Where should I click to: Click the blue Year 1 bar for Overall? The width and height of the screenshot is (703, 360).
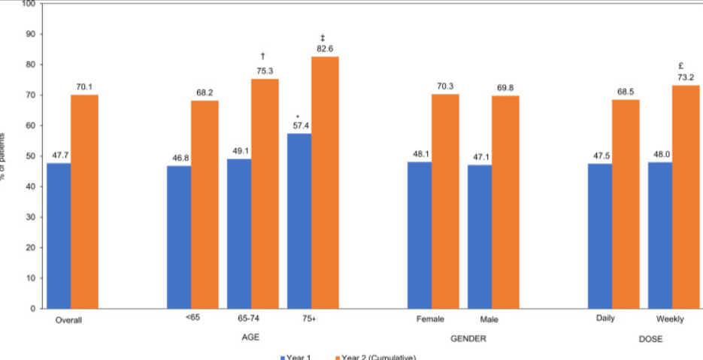pyautogui.click(x=59, y=235)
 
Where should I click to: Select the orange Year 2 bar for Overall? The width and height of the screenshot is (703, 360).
pyautogui.click(x=84, y=201)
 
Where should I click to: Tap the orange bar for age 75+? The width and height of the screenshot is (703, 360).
pyautogui.click(x=325, y=182)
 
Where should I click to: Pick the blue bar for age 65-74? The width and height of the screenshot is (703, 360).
pyautogui.click(x=239, y=233)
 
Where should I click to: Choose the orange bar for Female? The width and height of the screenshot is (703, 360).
pyautogui.click(x=445, y=201)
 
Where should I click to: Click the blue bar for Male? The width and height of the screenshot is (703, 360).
pyautogui.click(x=480, y=236)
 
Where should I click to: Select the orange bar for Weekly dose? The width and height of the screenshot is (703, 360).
pyautogui.click(x=686, y=196)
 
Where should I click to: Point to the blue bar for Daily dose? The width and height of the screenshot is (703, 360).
pyautogui.click(x=600, y=235)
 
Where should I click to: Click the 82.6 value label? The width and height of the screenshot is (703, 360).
pyautogui.click(x=323, y=49)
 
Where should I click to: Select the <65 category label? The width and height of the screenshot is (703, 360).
pyautogui.click(x=192, y=319)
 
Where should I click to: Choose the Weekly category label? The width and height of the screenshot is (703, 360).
pyautogui.click(x=670, y=319)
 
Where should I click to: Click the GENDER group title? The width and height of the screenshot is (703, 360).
pyautogui.click(x=468, y=338)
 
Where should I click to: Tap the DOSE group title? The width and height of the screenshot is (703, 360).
pyautogui.click(x=650, y=339)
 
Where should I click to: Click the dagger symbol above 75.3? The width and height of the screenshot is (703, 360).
pyautogui.click(x=263, y=56)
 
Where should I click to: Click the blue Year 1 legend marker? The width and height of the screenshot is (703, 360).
pyautogui.click(x=282, y=357)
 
